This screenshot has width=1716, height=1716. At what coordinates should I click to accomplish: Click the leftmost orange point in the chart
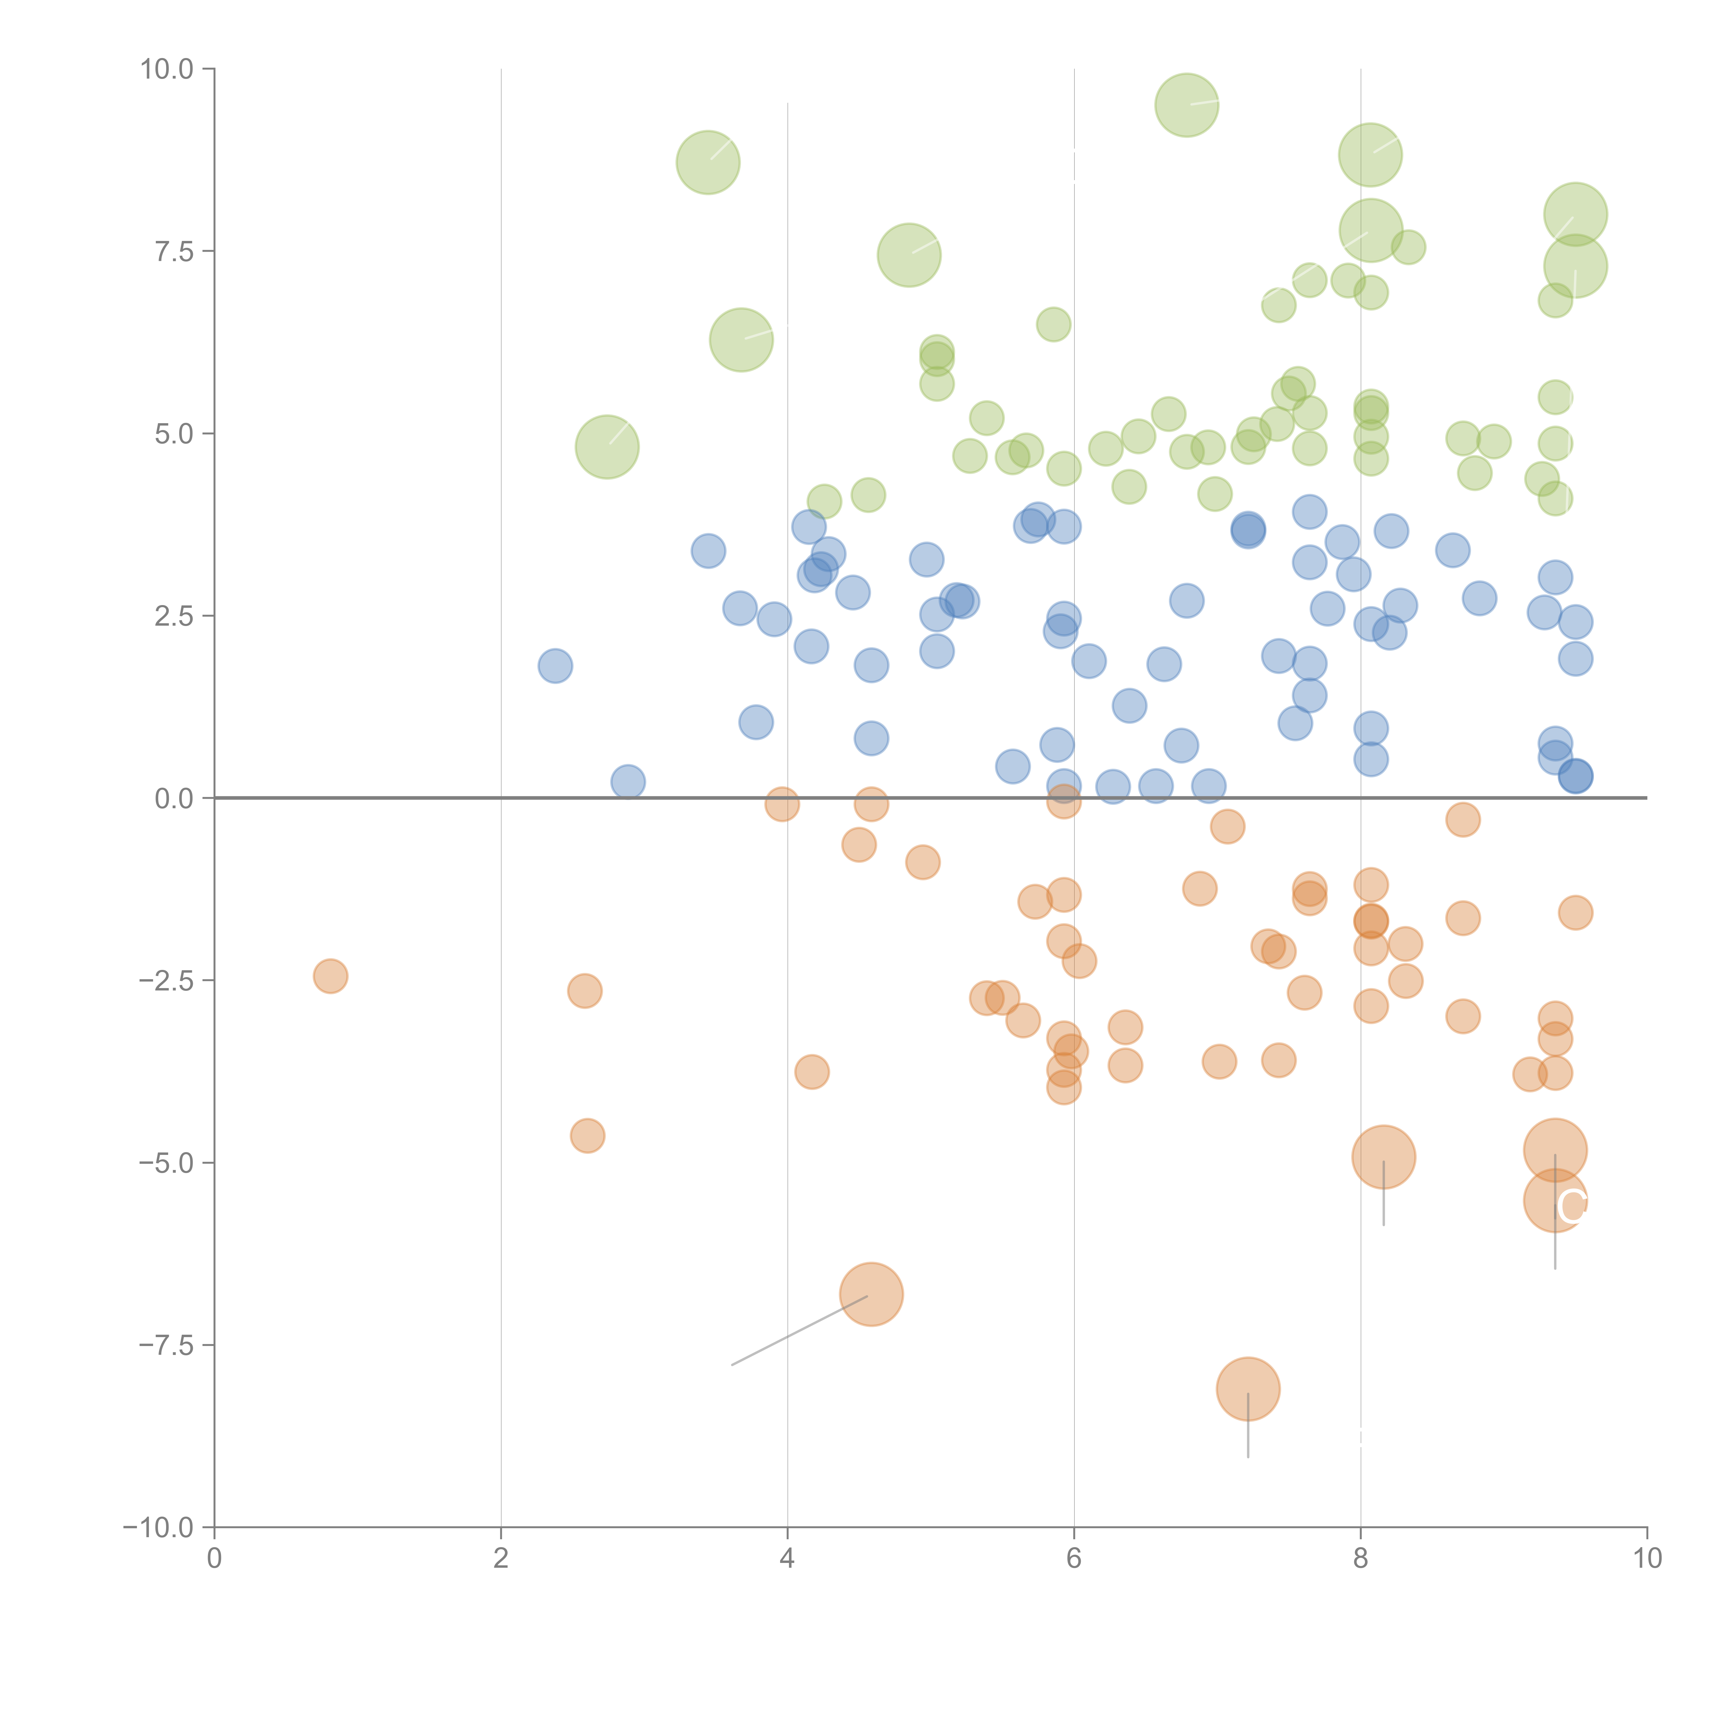(x=331, y=976)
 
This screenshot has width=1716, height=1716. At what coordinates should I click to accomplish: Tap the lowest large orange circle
(x=1248, y=1389)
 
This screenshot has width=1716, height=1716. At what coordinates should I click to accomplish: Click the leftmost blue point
(x=555, y=665)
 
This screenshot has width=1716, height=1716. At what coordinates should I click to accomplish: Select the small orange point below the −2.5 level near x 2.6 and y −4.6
(x=587, y=1135)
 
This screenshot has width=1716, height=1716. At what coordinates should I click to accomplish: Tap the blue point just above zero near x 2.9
(x=628, y=781)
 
